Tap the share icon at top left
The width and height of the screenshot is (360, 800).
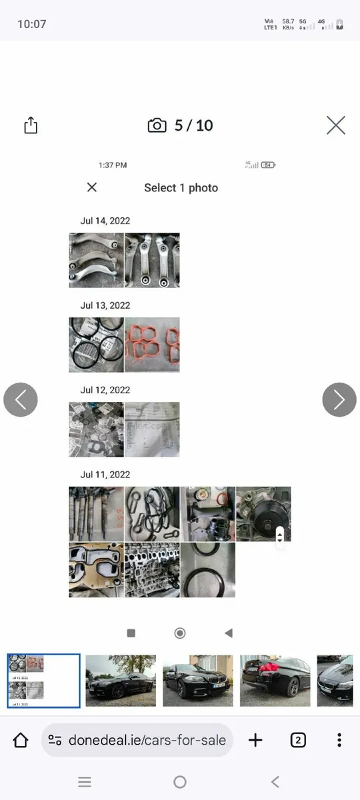31,125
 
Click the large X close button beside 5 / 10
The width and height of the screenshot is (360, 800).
335,125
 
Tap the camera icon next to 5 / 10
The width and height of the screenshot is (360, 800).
157,125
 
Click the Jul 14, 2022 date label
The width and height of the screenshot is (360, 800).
105,221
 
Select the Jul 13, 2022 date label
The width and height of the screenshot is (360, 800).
105,305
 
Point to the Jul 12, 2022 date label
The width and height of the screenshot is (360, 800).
105,390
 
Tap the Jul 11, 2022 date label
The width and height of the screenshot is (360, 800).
105,475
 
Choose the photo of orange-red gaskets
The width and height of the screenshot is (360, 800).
152,345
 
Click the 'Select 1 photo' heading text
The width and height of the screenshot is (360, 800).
181,188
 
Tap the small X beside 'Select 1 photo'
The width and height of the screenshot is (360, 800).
92,187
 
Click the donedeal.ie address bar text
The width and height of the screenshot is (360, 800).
146,740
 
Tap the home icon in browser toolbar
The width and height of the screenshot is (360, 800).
21,740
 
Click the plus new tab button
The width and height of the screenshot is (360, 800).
255,740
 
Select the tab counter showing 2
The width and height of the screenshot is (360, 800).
298,740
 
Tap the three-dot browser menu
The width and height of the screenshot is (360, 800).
339,740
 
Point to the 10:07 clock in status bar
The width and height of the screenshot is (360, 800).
31,24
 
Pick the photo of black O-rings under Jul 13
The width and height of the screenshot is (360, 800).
96,345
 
